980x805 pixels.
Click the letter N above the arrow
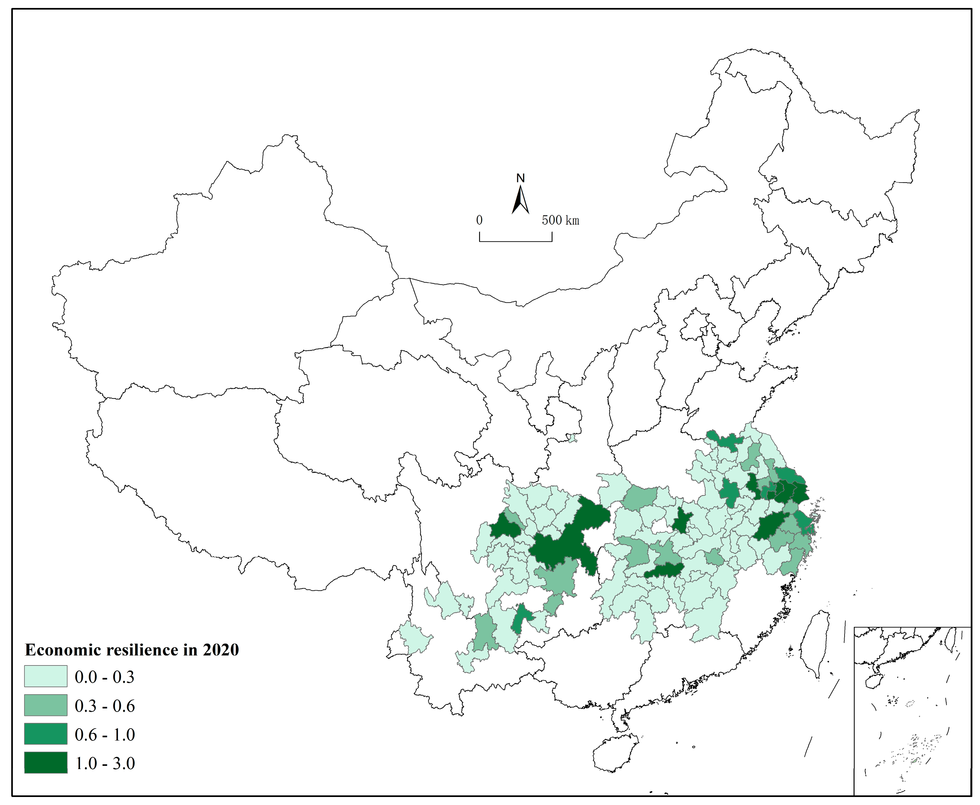(520, 178)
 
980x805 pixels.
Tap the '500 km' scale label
(560, 220)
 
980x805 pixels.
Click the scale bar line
(515, 241)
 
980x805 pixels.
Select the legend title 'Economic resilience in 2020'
(132, 650)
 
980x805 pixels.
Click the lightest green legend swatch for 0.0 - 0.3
(46, 676)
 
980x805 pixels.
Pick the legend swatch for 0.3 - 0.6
(46, 705)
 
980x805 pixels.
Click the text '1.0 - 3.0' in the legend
(105, 763)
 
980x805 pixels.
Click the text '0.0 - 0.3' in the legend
(105, 677)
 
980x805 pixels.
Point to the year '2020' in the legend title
(221, 650)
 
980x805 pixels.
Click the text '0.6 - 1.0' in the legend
(105, 734)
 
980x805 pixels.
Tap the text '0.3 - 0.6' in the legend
(105, 706)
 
